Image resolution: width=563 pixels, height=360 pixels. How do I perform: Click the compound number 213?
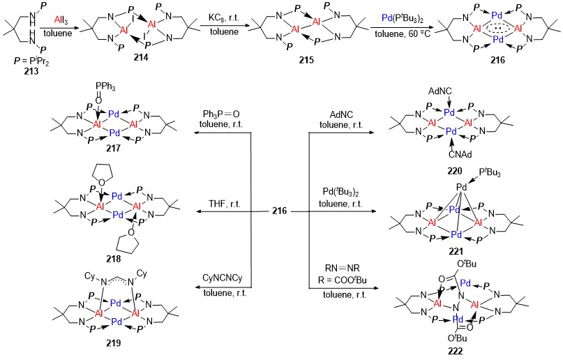point(31,71)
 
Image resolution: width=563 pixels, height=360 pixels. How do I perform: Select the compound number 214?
point(141,57)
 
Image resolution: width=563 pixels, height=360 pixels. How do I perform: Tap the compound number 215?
point(306,60)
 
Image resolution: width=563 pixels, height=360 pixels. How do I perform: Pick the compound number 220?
point(455,171)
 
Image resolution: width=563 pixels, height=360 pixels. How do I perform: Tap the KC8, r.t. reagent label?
point(224,19)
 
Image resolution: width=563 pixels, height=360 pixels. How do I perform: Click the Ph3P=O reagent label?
point(221,114)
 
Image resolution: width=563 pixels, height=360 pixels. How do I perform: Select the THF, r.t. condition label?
point(225,204)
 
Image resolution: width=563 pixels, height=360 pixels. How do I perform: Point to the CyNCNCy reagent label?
point(222,278)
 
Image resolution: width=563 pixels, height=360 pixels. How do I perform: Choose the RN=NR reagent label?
point(342,268)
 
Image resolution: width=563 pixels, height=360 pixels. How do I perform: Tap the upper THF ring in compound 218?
point(103,173)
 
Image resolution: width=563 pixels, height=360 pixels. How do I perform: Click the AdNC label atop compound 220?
point(440,91)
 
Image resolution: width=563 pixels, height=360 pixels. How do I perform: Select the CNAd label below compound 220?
point(460,155)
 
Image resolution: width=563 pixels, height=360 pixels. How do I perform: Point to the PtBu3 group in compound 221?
point(489,174)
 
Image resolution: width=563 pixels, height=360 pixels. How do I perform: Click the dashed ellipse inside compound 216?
point(497,28)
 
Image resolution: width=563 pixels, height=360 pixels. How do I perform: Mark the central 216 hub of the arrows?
point(279,211)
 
